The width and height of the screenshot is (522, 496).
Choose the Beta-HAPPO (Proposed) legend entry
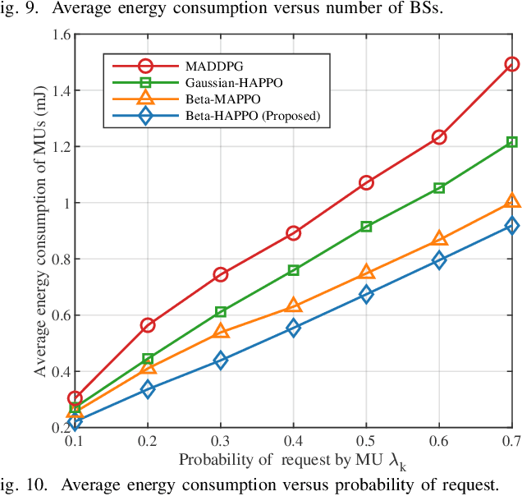(251, 116)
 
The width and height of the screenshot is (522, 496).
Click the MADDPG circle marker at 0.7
(512, 64)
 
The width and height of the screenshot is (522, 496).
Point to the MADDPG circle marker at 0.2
(148, 325)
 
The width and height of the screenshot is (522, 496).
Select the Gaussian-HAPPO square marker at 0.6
(439, 188)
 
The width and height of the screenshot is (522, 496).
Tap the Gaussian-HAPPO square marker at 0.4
(293, 270)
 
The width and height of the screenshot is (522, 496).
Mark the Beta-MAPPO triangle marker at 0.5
(366, 273)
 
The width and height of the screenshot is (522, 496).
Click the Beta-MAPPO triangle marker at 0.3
(221, 331)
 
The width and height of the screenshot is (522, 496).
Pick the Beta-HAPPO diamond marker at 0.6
(439, 260)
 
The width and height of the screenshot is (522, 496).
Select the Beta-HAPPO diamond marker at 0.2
(148, 389)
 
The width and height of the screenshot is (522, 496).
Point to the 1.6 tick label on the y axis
(59, 35)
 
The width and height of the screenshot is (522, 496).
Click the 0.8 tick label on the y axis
(59, 259)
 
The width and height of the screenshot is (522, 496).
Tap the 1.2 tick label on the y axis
(59, 148)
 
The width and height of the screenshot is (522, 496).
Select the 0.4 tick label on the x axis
(293, 442)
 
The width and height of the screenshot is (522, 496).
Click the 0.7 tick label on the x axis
(511, 442)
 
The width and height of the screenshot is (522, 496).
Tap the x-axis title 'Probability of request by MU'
(292, 462)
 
